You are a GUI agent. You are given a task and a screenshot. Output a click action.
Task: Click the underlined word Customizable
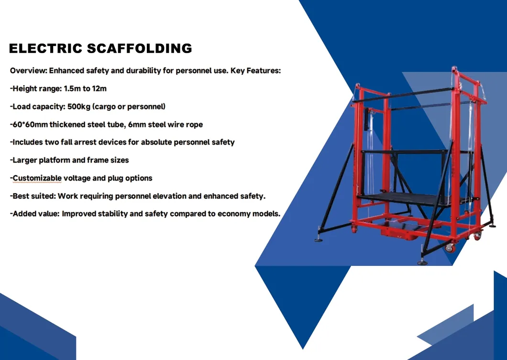tap(37, 178)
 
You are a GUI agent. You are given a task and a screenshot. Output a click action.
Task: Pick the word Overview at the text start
tap(27, 71)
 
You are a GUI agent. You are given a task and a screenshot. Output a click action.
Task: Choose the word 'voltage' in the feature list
tap(78, 178)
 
